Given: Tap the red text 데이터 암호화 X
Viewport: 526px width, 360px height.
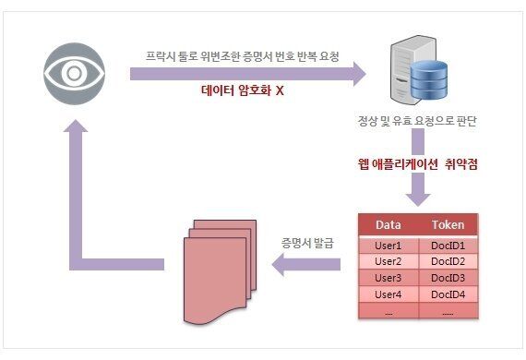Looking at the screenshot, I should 243,92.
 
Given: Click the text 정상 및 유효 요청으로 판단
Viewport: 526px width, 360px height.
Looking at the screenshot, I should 423,122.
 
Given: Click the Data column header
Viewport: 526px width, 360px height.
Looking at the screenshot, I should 389,225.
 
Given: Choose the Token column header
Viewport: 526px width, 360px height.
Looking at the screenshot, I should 448,225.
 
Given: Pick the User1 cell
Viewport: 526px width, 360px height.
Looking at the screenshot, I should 389,246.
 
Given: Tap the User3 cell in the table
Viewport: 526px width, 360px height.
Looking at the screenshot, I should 389,278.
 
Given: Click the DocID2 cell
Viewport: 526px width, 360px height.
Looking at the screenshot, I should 448,261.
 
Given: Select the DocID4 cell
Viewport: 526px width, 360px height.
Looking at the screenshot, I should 448,294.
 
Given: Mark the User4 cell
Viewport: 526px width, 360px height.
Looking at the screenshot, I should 389,294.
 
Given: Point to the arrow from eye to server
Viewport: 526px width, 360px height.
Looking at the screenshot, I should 249,74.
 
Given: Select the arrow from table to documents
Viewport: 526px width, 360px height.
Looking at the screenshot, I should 305,266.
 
